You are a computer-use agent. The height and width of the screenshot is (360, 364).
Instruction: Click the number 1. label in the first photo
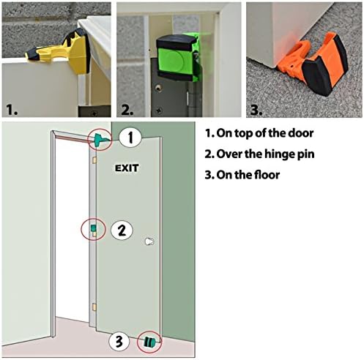coord(12,110)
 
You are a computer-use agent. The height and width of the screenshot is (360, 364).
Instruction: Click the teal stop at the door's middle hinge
coord(94,230)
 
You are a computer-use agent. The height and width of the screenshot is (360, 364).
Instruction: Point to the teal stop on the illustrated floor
coord(151,341)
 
